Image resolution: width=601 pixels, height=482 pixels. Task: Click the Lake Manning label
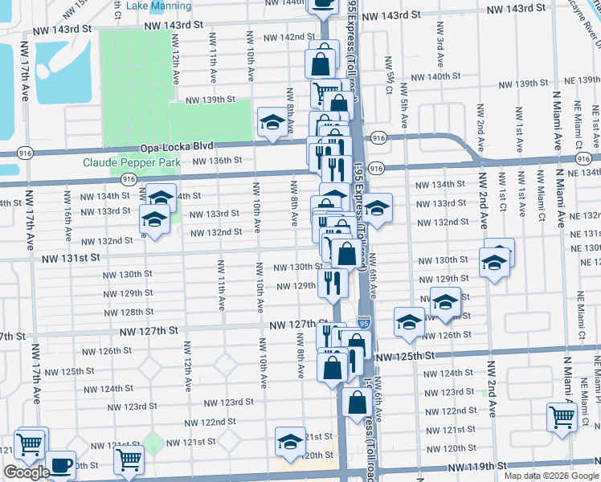[159, 6]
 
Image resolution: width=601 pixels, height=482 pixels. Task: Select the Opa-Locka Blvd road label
[177, 147]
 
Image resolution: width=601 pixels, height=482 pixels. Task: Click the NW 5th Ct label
[388, 71]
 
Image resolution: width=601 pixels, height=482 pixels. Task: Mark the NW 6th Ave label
[374, 282]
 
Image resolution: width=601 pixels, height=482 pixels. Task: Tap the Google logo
[27, 472]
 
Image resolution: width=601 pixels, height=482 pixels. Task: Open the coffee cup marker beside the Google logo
[61, 464]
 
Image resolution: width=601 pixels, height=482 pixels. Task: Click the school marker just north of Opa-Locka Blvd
[272, 123]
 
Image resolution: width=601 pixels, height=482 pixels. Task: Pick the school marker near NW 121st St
[290, 440]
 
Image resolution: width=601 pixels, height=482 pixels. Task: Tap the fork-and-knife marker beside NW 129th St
[331, 281]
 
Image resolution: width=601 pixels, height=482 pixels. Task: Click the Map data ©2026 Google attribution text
[551, 476]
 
